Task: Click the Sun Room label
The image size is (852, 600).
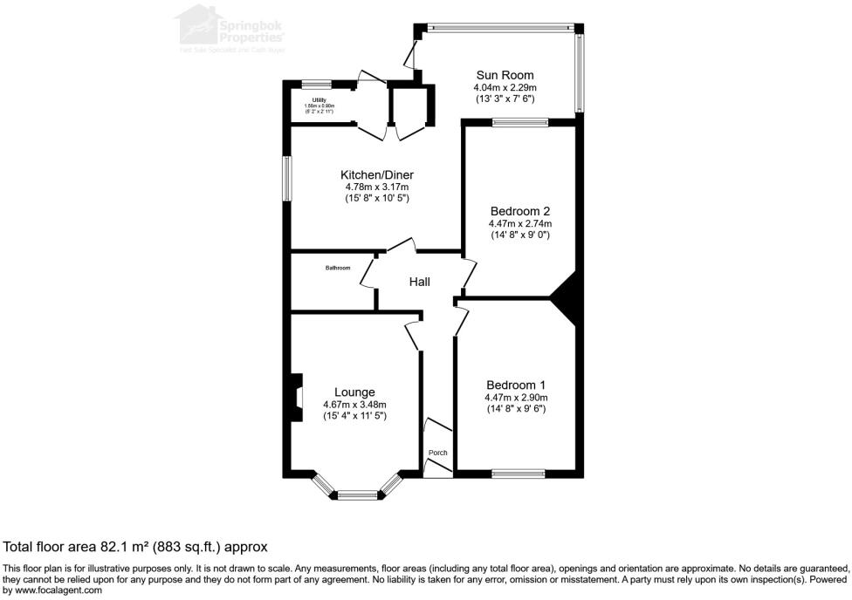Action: click(505, 75)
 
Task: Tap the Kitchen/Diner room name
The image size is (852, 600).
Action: click(377, 174)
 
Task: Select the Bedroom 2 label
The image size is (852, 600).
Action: click(519, 211)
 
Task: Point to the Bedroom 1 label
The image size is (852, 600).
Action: click(516, 385)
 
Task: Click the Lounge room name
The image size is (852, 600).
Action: click(354, 392)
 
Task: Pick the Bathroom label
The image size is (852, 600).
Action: click(338, 268)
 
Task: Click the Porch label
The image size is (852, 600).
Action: click(437, 453)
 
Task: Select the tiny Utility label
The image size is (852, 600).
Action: click(319, 100)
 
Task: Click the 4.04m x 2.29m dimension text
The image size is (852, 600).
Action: click(505, 88)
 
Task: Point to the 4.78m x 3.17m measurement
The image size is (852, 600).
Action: click(377, 187)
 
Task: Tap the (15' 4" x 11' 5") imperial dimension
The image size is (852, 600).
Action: click(354, 416)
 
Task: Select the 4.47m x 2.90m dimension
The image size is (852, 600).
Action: click(516, 397)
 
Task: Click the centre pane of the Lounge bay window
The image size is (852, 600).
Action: click(356, 495)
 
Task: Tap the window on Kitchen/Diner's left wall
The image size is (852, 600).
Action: click(285, 181)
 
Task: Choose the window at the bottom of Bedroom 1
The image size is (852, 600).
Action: click(519, 474)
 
